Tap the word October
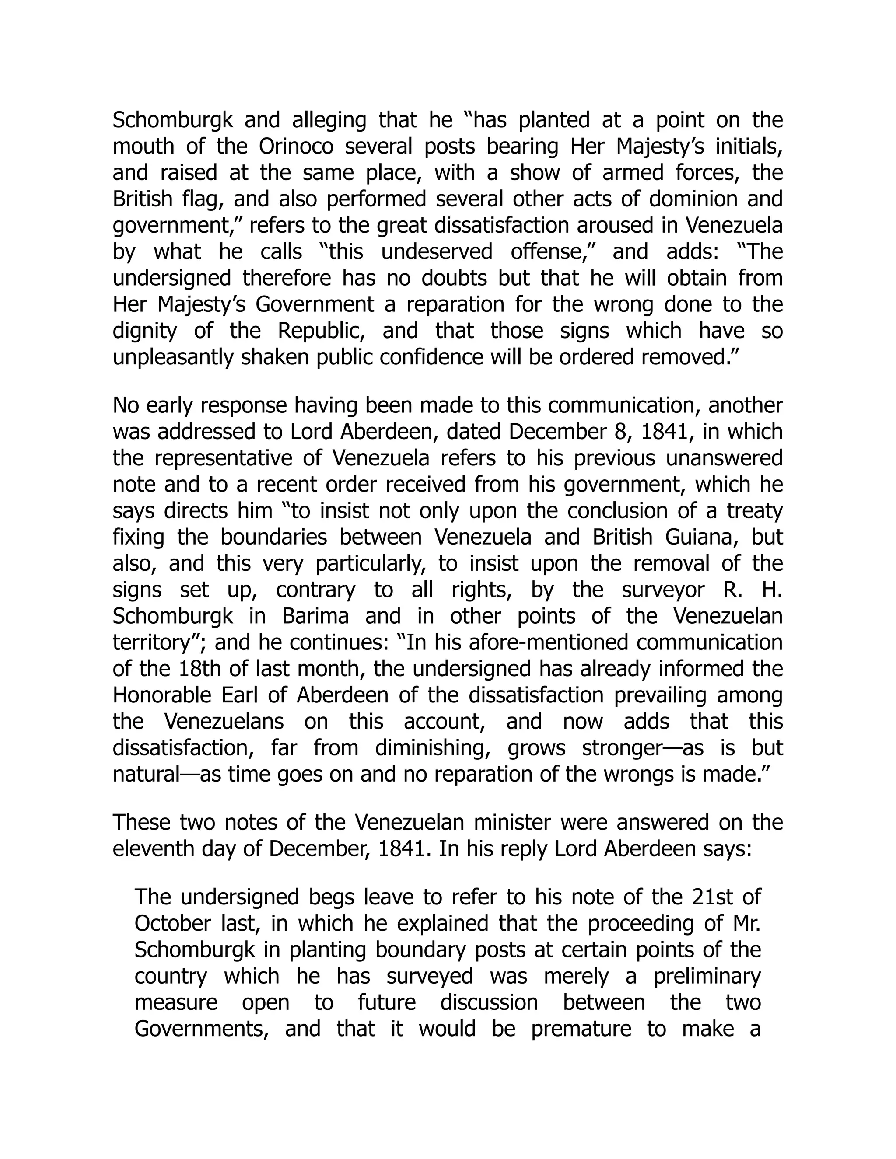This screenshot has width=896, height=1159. pyautogui.click(x=171, y=923)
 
